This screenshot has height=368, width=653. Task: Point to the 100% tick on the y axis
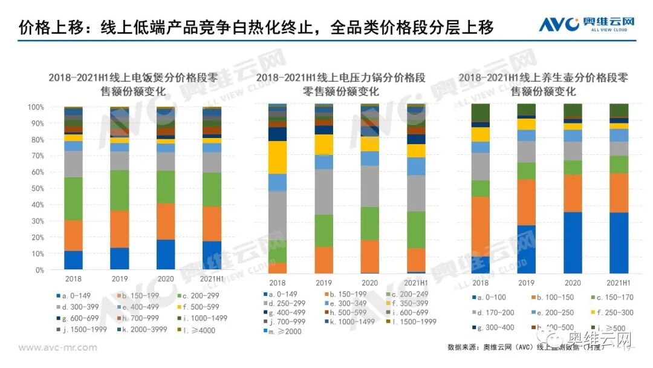coord(34,107)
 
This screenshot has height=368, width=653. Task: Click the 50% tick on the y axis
coord(36,189)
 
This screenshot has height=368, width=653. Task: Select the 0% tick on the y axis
coord(39,270)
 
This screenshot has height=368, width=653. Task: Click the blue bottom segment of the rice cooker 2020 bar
coord(165,255)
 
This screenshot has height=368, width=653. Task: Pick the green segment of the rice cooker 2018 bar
coord(73,199)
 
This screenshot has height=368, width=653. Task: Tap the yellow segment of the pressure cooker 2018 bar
coord(278,157)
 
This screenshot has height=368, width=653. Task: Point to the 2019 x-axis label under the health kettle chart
coord(526,283)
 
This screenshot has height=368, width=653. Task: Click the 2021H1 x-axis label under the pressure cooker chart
coord(416,283)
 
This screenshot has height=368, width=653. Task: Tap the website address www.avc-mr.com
coord(58,348)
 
